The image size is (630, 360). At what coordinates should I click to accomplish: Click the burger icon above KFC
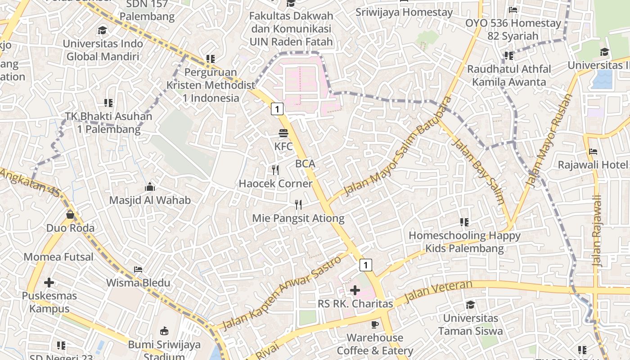pos(283,133)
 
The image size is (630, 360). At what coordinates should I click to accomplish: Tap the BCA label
pos(305,164)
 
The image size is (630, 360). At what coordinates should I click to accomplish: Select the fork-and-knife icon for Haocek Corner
pos(276,170)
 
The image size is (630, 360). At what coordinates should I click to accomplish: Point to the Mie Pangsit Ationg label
pos(298,219)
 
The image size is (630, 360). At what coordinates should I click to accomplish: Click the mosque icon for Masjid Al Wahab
pos(150,187)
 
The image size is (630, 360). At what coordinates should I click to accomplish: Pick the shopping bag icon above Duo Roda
pos(70,215)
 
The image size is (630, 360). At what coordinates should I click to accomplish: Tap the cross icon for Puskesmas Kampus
pos(49,283)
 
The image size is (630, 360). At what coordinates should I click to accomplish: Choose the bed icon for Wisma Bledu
pos(138,270)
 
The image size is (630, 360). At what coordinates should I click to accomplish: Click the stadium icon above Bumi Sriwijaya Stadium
pos(164,331)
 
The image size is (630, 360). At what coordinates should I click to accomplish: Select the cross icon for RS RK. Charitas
pos(355,290)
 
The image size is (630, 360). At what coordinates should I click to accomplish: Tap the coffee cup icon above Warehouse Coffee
pos(375,324)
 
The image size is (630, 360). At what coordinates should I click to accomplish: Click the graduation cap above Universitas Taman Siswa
pos(470,305)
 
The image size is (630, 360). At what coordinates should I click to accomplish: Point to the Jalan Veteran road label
pos(439,292)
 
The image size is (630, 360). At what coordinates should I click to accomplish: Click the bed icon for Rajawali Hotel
pos(593,152)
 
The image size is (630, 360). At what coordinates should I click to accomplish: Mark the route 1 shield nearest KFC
pos(277,109)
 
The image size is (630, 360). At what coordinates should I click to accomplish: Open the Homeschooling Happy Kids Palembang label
pos(464,242)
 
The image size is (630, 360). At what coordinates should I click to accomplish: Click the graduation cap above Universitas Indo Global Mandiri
pos(103,31)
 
